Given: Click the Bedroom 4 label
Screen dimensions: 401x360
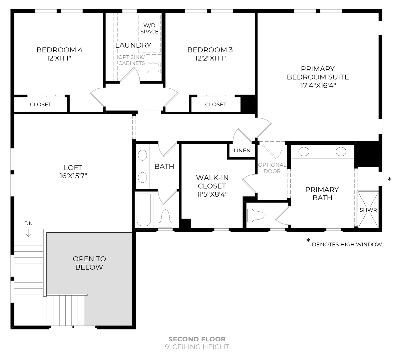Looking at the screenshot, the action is tap(59, 50).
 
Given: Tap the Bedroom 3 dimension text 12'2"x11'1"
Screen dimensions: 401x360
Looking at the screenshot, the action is tap(210, 58).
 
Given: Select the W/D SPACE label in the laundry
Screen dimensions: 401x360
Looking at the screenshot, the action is tap(149, 28).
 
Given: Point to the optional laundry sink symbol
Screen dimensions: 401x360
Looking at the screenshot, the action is tap(154, 68).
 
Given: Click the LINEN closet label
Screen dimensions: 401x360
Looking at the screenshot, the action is tap(242, 150).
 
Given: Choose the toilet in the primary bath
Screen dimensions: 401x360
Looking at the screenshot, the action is tap(256, 215).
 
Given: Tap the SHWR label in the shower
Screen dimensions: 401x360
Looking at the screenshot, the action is tap(368, 210).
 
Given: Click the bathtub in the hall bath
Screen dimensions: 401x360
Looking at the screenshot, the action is tap(144, 210).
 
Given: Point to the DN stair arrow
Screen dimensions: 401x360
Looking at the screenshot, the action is tap(29, 233).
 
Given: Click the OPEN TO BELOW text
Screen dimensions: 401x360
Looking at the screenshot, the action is tap(89, 263).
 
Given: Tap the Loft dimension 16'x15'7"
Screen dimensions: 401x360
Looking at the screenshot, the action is tap(73, 176).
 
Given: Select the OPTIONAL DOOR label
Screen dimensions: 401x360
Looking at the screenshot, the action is tap(272, 168).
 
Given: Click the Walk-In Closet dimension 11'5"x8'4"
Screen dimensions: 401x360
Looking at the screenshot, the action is tap(212, 194).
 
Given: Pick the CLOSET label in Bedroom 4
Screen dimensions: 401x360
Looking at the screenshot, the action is tap(41, 104).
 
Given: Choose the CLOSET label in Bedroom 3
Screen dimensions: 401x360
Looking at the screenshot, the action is tap(216, 104).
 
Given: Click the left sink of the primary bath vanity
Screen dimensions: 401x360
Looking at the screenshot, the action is tap(304, 152).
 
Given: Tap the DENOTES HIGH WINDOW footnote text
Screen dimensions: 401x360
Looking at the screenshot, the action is tap(347, 244).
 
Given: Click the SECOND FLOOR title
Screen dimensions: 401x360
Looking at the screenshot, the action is tap(197, 339).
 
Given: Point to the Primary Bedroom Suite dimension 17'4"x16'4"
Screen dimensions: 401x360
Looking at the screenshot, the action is tap(318, 86).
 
